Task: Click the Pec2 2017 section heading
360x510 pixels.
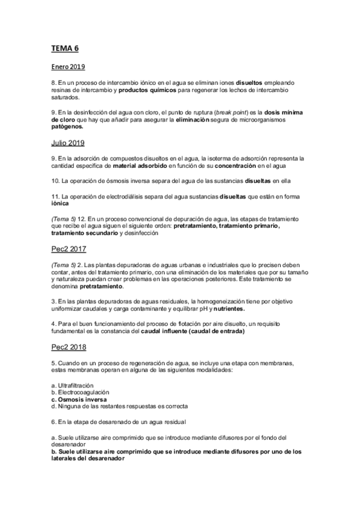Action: coord(69,248)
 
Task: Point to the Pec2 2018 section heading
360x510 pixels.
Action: coord(69,347)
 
